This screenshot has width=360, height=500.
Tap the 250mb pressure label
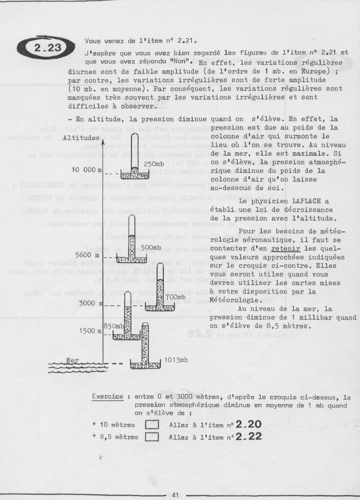pos(154,164)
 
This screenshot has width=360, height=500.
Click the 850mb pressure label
pos(115,326)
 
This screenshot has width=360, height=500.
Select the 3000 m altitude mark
pos(88,303)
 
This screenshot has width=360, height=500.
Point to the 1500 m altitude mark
pos(88,332)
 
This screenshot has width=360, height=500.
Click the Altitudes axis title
pos(80,138)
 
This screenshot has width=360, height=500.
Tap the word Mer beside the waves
pos(73,360)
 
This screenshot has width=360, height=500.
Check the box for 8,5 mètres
pos(153,437)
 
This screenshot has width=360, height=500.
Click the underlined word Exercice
pos(108,397)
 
